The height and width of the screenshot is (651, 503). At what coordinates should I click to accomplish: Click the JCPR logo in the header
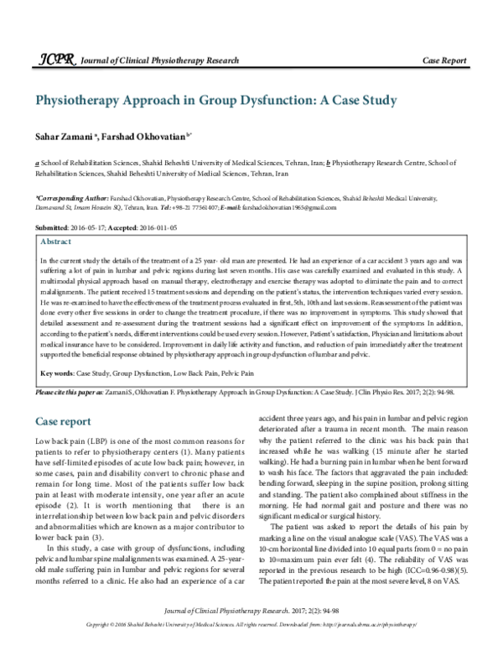(52, 60)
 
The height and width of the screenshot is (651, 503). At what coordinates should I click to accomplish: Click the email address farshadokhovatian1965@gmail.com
(276, 205)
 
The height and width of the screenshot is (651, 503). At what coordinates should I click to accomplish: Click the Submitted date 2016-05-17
(86, 227)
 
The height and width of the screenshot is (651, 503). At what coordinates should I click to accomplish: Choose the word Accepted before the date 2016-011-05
(123, 227)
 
